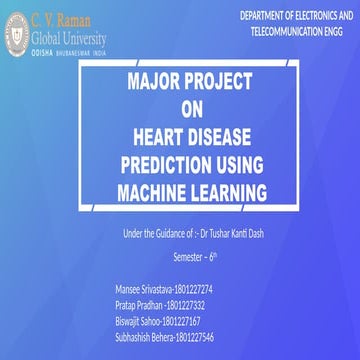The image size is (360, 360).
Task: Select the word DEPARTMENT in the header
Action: point(264,18)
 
